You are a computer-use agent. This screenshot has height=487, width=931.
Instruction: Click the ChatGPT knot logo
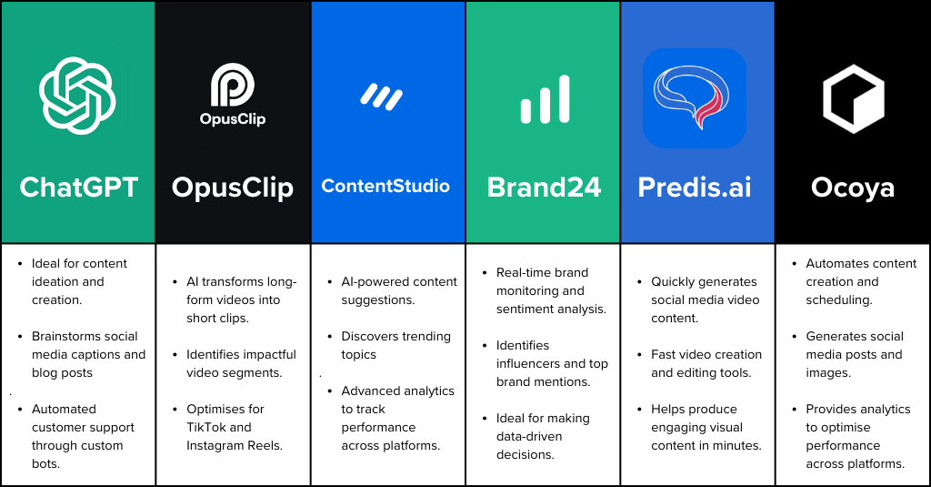tap(77, 96)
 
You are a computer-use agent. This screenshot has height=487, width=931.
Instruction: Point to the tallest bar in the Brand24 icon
tap(564, 98)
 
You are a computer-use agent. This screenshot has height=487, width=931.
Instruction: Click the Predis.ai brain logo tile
tap(695, 98)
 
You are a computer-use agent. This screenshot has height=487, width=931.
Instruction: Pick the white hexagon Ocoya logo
tap(853, 98)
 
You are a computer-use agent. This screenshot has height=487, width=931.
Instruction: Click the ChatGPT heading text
tap(79, 188)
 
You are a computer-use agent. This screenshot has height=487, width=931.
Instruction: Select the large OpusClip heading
tap(233, 188)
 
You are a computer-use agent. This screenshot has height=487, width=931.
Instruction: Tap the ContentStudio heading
tap(385, 187)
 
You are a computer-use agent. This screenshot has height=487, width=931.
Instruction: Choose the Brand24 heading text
tap(544, 188)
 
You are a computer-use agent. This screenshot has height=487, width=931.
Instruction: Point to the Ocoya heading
tap(853, 188)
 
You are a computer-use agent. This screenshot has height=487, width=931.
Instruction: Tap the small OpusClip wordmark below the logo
tap(233, 119)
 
